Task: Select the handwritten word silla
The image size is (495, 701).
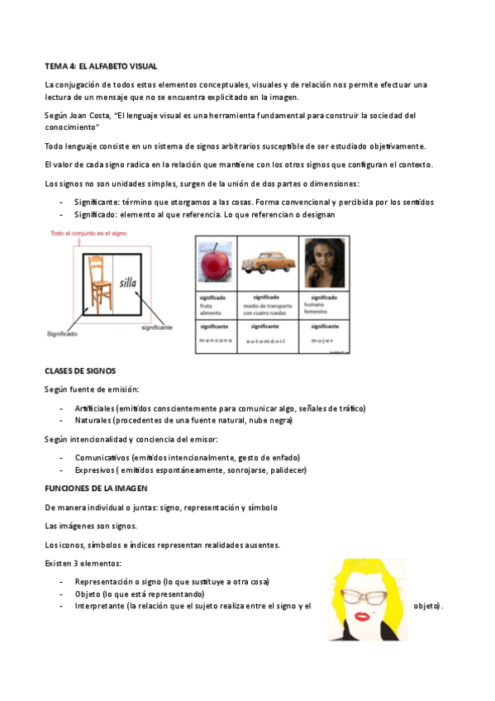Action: tap(127, 283)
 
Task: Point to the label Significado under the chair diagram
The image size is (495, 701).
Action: tap(61, 334)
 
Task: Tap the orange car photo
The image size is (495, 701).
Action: tap(270, 261)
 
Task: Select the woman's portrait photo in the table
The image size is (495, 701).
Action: tap(324, 263)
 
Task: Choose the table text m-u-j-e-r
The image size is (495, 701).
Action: tap(322, 340)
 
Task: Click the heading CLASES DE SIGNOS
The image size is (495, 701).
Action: tap(79, 371)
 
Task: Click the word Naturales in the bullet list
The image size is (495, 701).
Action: tap(93, 420)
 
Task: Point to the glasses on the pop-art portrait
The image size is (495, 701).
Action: tap(364, 595)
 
